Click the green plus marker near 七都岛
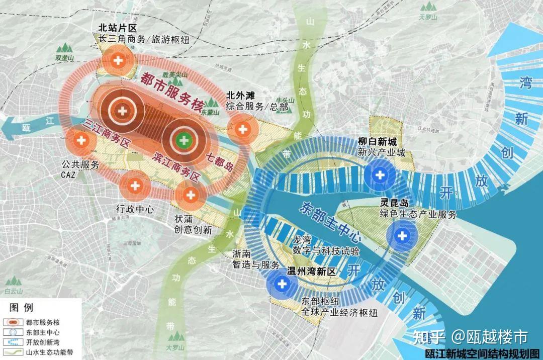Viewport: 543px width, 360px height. [x=184, y=139]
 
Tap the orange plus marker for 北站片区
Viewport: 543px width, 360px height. [x=119, y=60]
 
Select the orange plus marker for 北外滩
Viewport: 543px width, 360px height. [x=243, y=129]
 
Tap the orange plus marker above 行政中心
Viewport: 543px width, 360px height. [x=135, y=186]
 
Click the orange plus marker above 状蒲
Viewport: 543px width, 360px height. [x=190, y=195]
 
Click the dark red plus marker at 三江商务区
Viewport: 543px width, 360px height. [x=122, y=110]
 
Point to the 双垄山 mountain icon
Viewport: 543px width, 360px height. [x=64, y=50]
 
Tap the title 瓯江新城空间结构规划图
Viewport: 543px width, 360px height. [x=482, y=353]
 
